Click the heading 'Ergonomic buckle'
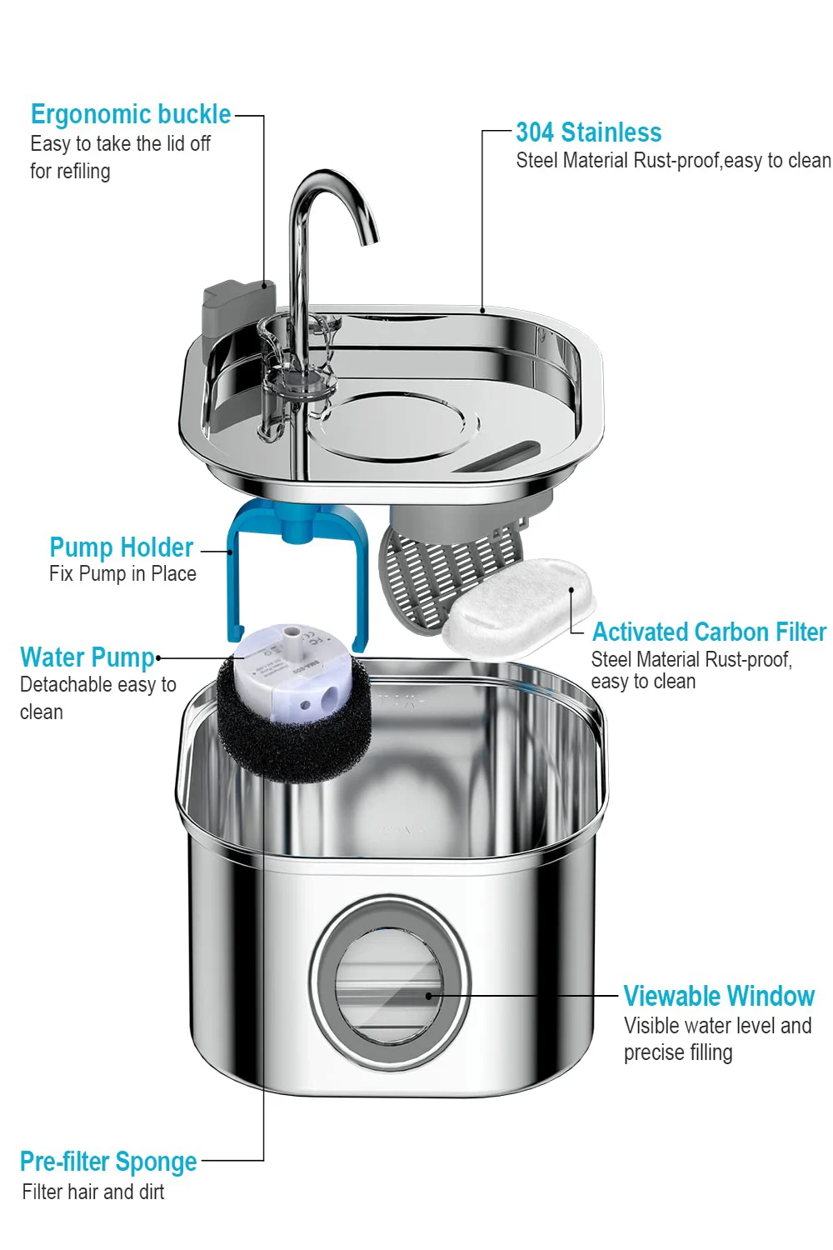tap(131, 114)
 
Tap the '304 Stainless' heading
tap(588, 132)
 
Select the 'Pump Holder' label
tap(122, 547)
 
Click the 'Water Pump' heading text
tap(87, 657)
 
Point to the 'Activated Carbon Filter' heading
tap(709, 632)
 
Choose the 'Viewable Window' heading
tap(719, 997)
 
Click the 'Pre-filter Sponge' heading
tap(108, 1162)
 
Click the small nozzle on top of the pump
tap(292, 642)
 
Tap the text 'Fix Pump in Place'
tap(122, 574)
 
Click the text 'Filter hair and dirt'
tap(93, 1192)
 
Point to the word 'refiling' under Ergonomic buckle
tap(82, 172)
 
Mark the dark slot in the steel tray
tap(498, 457)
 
